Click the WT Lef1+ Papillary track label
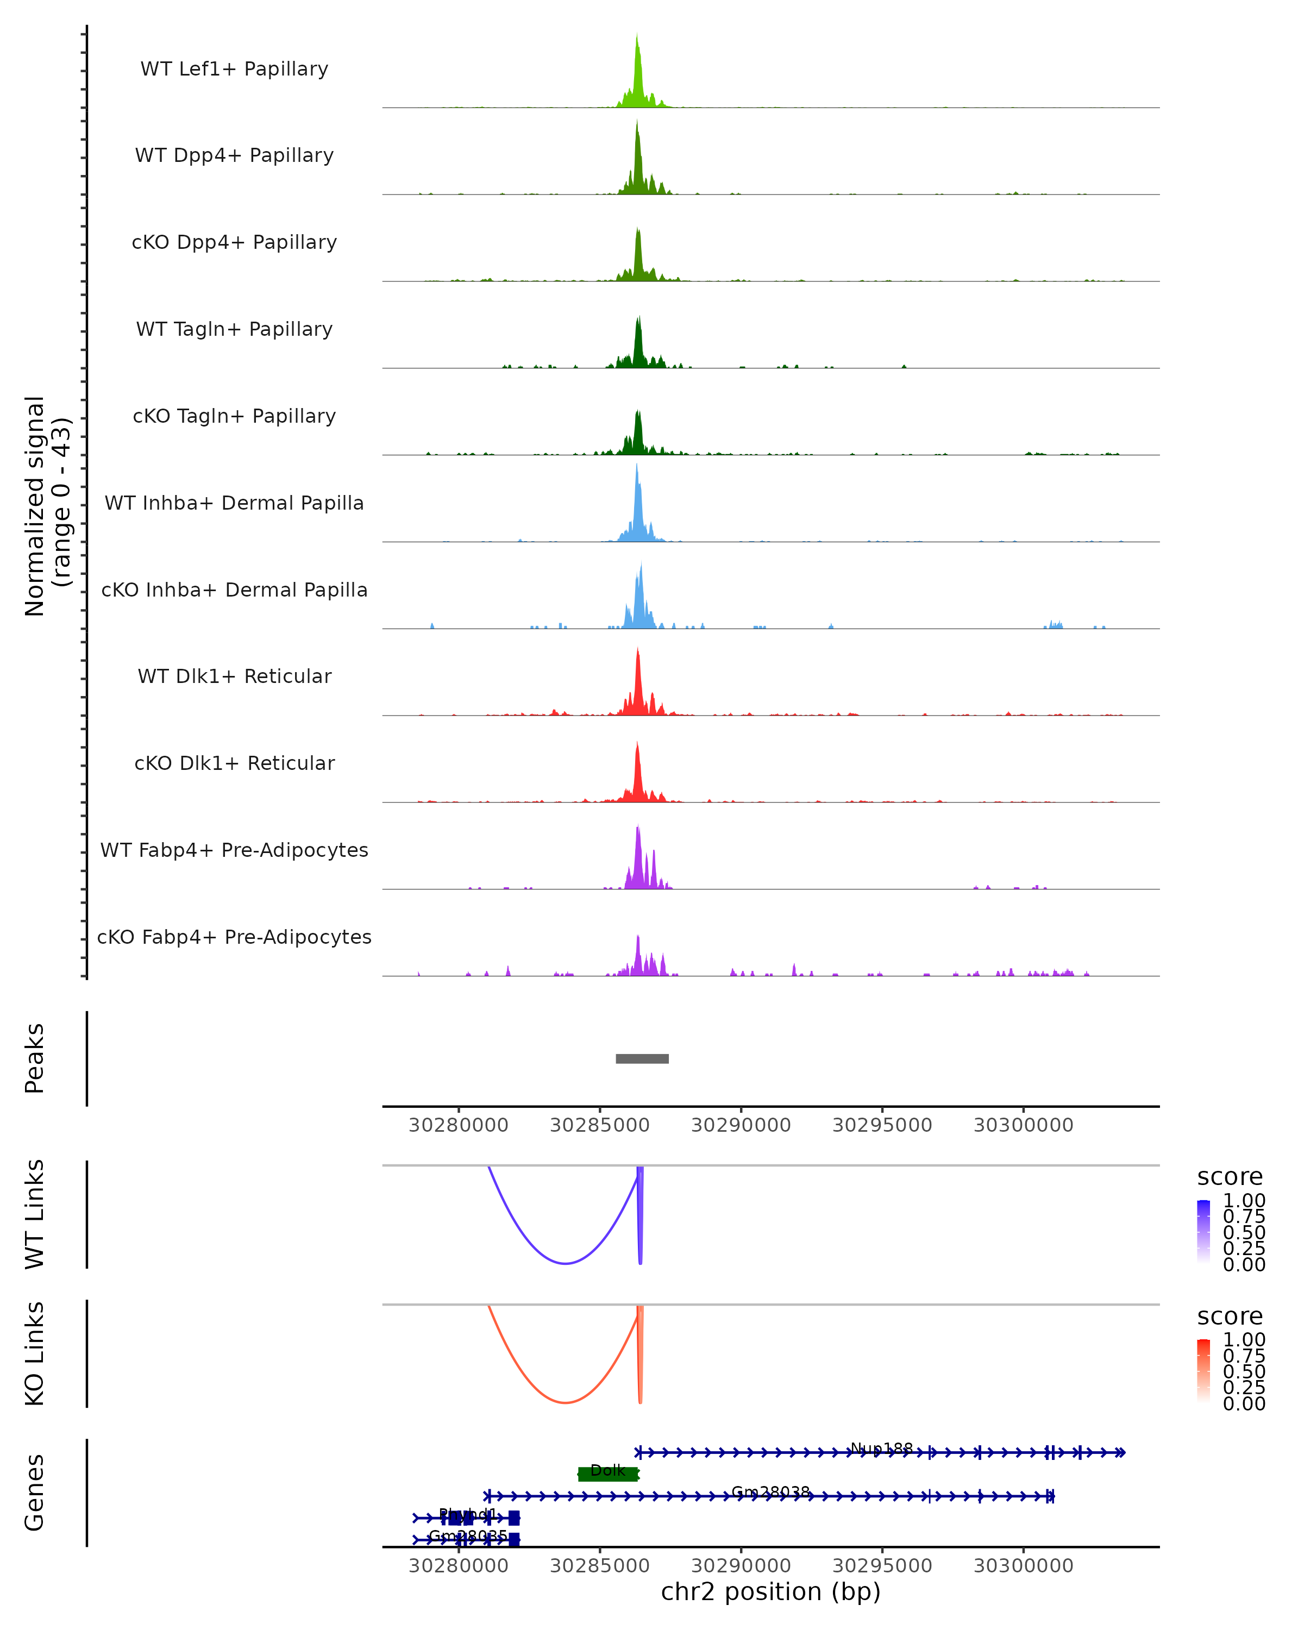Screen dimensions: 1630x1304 234,69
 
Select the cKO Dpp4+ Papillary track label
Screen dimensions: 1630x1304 234,243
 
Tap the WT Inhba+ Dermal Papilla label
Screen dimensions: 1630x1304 234,504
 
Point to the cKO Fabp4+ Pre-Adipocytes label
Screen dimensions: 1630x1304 234,937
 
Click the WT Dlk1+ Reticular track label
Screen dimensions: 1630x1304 234,676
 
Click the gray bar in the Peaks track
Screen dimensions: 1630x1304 642,1058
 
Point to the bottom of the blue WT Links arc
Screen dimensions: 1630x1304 565,1263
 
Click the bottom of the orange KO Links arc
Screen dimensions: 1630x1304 565,1402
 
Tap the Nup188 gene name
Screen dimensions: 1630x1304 881,1449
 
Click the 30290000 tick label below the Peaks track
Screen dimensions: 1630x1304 741,1125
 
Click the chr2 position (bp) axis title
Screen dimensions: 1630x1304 770,1591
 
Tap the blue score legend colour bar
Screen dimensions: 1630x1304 1203,1232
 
